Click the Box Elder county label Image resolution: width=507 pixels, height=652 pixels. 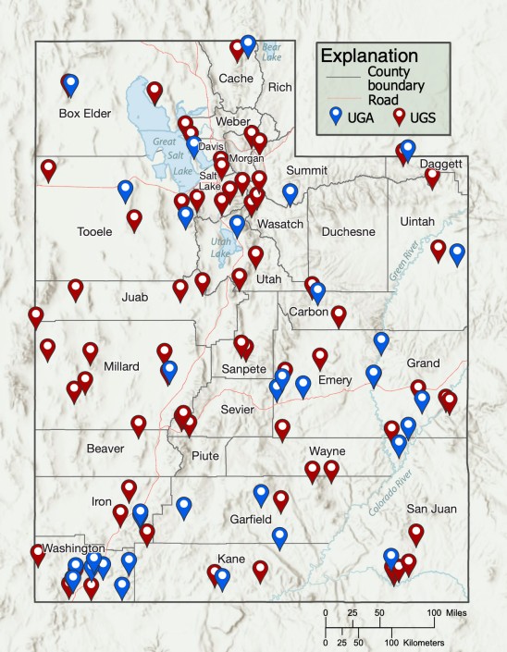84,115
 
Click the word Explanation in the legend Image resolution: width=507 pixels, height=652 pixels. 364,55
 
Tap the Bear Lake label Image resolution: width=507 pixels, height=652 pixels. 270,52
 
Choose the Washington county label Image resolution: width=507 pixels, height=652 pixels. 67,548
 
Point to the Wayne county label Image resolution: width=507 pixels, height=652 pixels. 327,451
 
